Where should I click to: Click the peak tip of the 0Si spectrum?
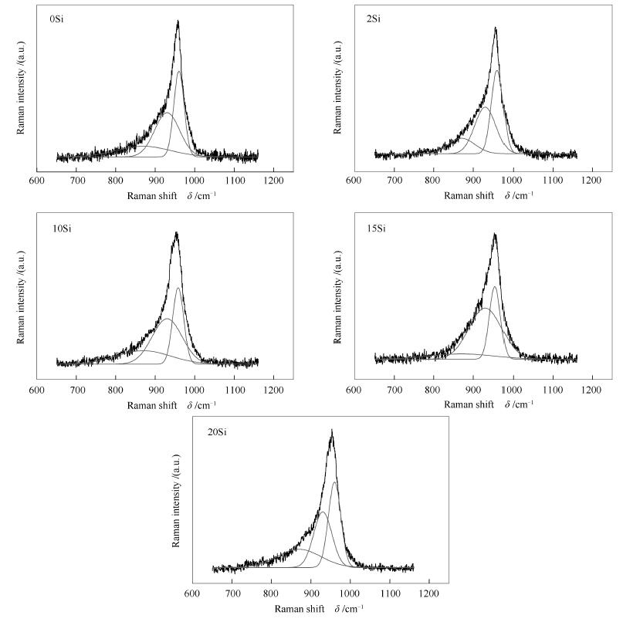coord(178,22)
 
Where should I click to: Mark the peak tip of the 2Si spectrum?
coord(495,29)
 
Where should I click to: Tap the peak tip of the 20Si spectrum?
coord(332,431)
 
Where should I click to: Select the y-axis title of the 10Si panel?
coord(22,297)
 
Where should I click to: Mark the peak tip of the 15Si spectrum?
coord(494,235)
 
